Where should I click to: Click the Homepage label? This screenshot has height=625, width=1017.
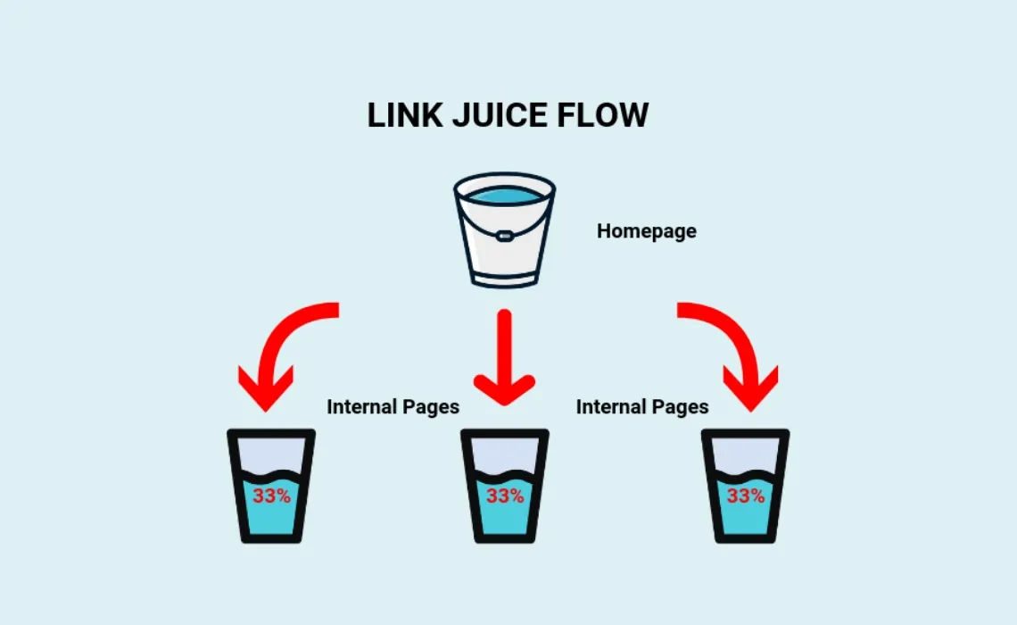pyautogui.click(x=646, y=231)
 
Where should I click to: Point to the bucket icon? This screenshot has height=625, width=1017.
pyautogui.click(x=504, y=230)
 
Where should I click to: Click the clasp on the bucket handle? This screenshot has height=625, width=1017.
pyautogui.click(x=504, y=237)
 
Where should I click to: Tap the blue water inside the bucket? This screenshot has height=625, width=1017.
pyautogui.click(x=504, y=195)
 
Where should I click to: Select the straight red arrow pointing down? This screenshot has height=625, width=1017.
pyautogui.click(x=504, y=357)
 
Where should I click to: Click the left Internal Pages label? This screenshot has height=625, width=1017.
pyautogui.click(x=393, y=407)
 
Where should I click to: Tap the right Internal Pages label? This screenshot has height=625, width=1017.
pyautogui.click(x=642, y=407)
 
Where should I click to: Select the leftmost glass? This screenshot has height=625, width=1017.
pyautogui.click(x=271, y=487)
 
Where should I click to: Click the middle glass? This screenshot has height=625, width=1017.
pyautogui.click(x=505, y=487)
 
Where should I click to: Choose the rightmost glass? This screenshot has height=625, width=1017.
pyautogui.click(x=745, y=487)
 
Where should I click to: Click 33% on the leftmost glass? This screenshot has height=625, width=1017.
pyautogui.click(x=271, y=496)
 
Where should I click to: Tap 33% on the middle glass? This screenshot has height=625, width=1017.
pyautogui.click(x=505, y=496)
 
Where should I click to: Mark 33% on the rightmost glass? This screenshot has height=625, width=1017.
pyautogui.click(x=745, y=496)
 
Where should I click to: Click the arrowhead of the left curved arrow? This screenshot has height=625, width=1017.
pyautogui.click(x=266, y=388)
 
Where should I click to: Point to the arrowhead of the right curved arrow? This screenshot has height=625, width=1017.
pyautogui.click(x=750, y=388)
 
